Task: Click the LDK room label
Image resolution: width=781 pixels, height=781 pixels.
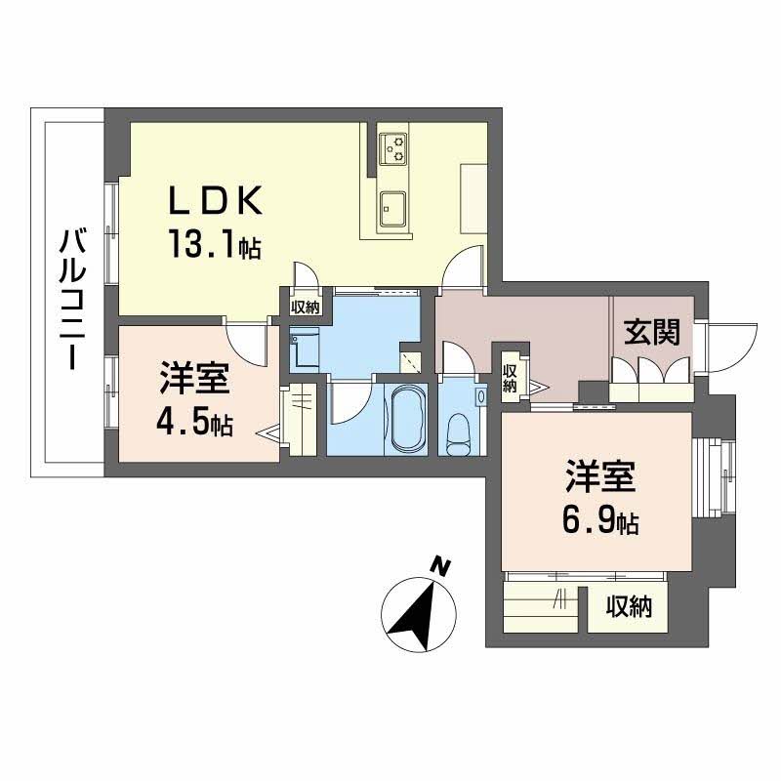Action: pyautogui.click(x=215, y=200)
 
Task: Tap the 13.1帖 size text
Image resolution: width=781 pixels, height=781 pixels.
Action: pyautogui.click(x=215, y=243)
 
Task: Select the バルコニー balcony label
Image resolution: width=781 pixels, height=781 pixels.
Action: pyautogui.click(x=72, y=299)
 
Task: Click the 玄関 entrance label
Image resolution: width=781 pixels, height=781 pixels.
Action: pyautogui.click(x=652, y=332)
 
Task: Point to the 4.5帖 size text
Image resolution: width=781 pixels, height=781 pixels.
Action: pyautogui.click(x=194, y=423)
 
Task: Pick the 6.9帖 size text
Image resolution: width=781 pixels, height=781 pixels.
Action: pyautogui.click(x=600, y=520)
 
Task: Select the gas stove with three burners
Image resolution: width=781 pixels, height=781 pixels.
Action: pyautogui.click(x=393, y=148)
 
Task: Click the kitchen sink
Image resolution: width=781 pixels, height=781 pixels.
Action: pyautogui.click(x=393, y=209)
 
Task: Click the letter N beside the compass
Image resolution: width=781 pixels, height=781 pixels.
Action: pyautogui.click(x=440, y=567)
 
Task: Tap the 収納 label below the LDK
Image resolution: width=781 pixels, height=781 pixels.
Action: pyautogui.click(x=306, y=308)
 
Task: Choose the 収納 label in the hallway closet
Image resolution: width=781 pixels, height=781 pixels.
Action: pyautogui.click(x=510, y=378)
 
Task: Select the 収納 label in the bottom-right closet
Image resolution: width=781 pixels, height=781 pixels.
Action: pyautogui.click(x=629, y=606)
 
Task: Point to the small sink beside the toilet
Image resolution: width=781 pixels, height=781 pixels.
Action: pyautogui.click(x=481, y=396)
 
